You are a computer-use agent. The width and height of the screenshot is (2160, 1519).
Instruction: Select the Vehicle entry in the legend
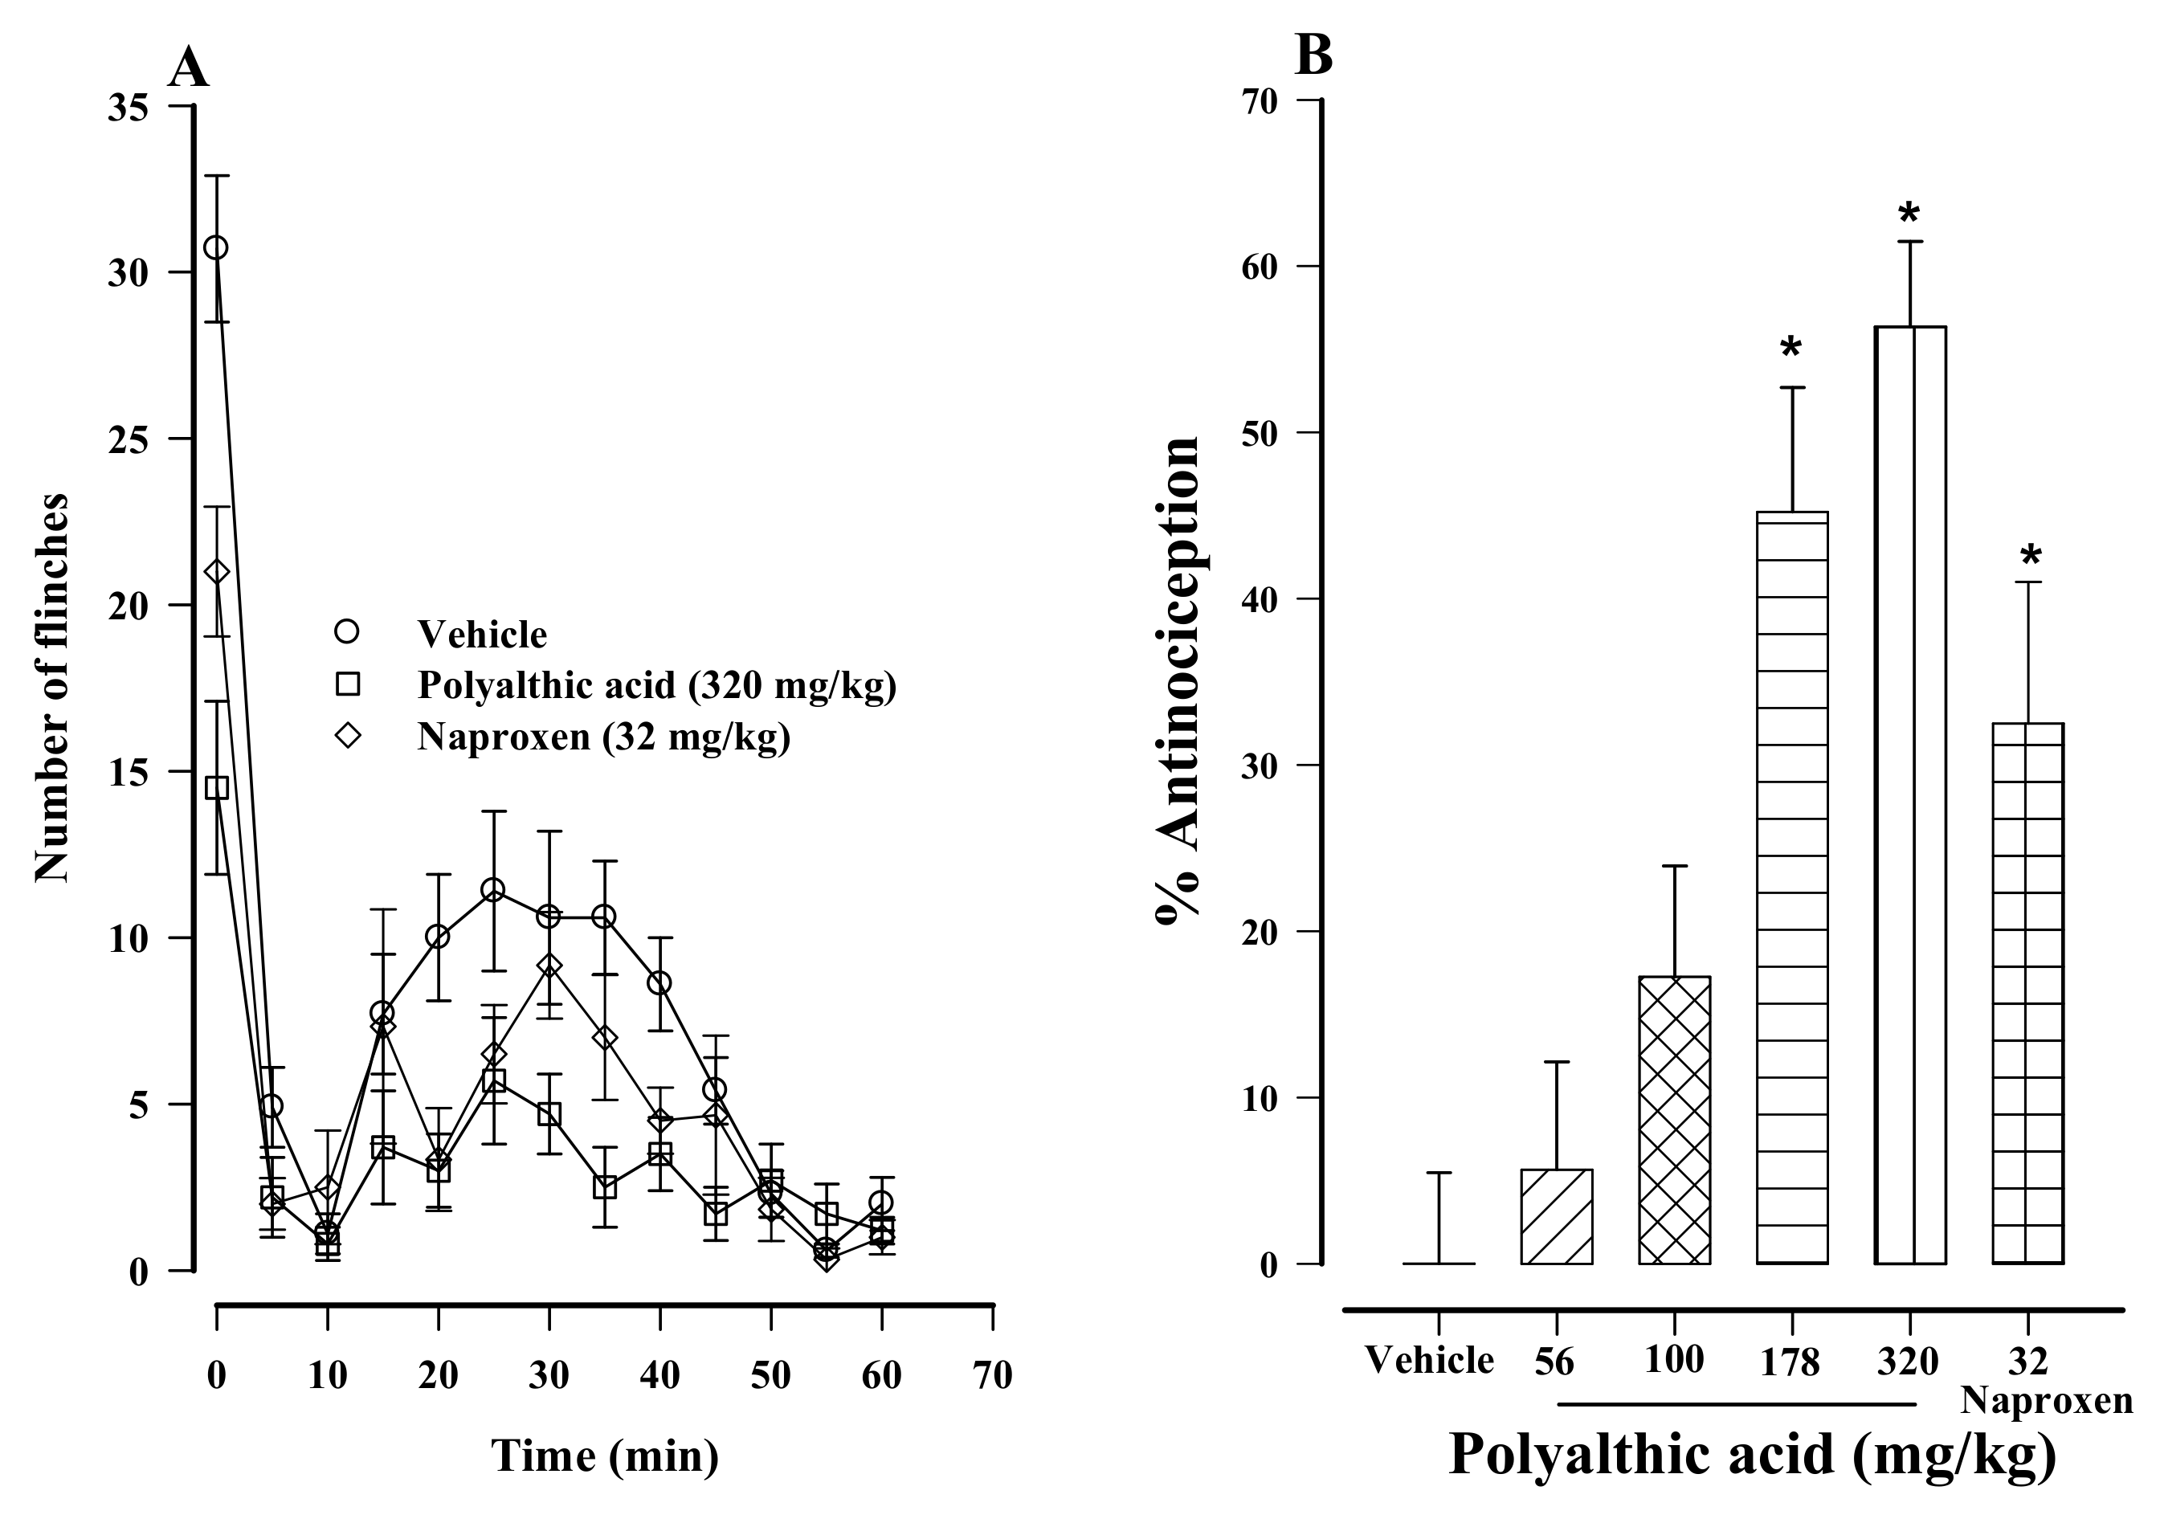pos(482,634)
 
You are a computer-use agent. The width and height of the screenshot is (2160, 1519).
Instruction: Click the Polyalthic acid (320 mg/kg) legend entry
pos(655,686)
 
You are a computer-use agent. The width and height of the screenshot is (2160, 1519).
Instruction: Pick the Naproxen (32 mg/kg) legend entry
pos(603,737)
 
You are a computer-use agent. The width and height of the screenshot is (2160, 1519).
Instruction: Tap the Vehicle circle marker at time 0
pos(216,247)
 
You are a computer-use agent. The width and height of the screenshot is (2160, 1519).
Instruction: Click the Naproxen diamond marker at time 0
pos(216,572)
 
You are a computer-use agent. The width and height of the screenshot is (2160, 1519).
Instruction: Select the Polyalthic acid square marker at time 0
pos(216,787)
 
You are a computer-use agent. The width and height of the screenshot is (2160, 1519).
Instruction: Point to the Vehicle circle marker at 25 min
pos(493,890)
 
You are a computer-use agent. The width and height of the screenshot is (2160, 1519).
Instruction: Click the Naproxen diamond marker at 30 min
pos(549,966)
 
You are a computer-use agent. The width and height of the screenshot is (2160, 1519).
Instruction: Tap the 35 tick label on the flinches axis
pos(129,108)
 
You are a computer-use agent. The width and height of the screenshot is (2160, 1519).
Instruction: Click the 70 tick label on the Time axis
pos(993,1376)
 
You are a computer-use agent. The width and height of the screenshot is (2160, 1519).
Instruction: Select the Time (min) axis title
pos(604,1457)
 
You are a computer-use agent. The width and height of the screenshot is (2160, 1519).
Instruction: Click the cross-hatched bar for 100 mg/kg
pos(1674,1121)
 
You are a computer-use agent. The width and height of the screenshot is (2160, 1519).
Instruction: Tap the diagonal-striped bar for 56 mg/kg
pos(1556,1216)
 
